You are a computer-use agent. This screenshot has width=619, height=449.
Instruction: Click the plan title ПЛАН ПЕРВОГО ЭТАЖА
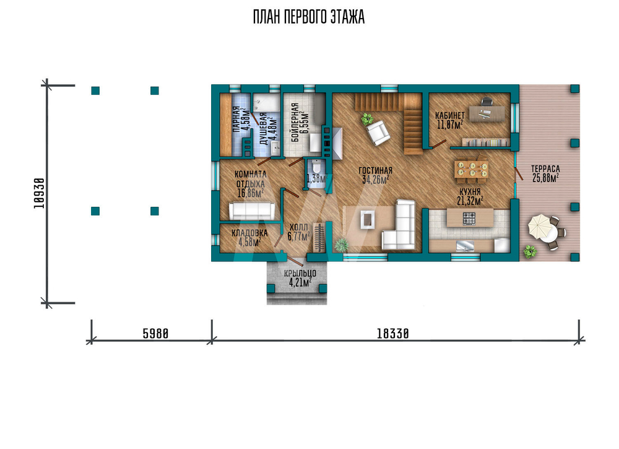pos(309,17)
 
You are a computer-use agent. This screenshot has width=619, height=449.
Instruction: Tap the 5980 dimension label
pos(155,334)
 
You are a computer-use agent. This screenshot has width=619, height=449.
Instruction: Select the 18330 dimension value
pos(393,334)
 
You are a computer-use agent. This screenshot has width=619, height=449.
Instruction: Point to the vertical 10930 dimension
pos(39,193)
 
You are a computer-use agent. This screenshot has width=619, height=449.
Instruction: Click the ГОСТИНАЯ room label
pos(376,170)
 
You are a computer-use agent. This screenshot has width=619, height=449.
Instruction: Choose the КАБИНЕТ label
pos(449,115)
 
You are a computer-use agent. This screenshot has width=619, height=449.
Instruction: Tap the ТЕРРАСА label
pos(545,168)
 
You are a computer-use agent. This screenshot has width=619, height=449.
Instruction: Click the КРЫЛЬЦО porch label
pos(300,273)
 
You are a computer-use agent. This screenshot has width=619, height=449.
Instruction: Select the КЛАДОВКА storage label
pos(249,233)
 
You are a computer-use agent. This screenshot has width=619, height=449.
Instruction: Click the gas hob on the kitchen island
pos(469,218)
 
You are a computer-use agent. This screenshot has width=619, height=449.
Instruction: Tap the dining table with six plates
pos(472,169)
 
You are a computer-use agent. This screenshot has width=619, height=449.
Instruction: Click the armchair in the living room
pos(378,133)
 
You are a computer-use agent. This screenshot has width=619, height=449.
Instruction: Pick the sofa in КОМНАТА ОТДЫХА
pos(253,211)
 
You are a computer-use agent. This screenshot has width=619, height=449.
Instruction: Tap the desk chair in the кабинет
pos(487,102)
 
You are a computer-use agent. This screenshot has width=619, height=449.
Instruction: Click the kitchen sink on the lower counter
pos(465,246)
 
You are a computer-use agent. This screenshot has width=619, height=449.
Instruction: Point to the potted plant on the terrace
pos(530,251)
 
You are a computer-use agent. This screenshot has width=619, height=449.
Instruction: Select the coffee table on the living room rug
pos(368,219)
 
